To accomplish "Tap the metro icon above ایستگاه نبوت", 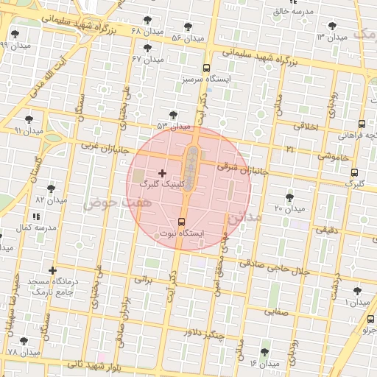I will click(x=182, y=222).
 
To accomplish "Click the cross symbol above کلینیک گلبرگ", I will click(x=162, y=172).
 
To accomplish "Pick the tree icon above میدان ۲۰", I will click(x=289, y=197).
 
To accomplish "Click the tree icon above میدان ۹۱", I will click(x=29, y=119).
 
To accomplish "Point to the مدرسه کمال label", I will click(x=35, y=228).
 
